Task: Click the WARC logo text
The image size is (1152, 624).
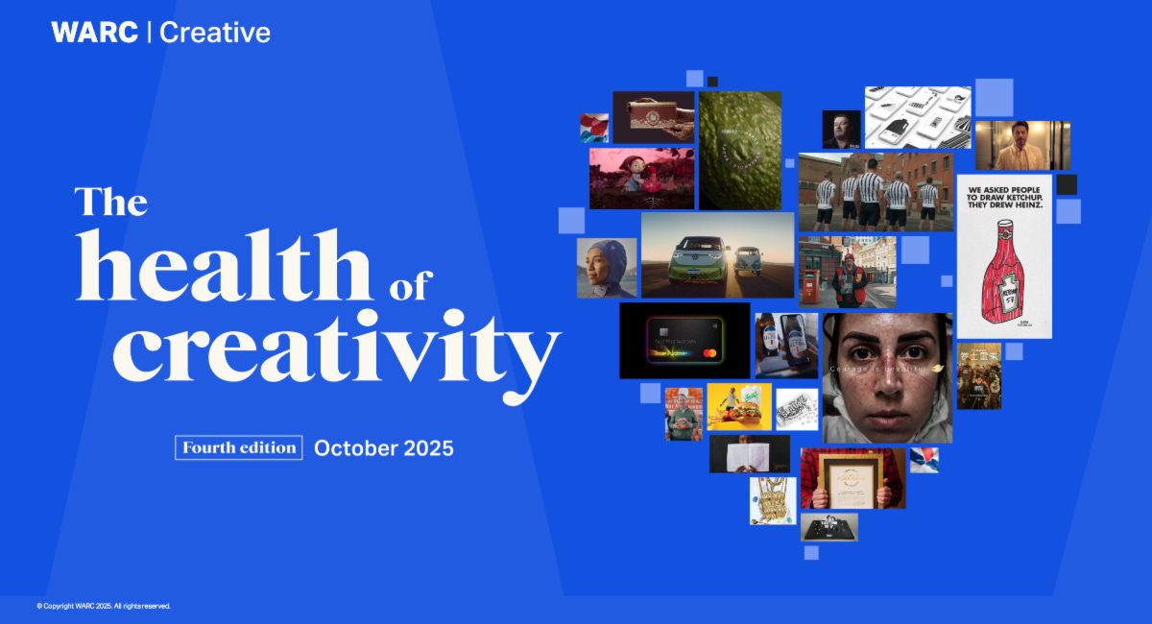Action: (x=94, y=33)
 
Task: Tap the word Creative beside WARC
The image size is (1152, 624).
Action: (x=215, y=33)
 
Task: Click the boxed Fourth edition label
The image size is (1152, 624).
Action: (x=239, y=447)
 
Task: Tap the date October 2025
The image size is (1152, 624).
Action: (x=384, y=447)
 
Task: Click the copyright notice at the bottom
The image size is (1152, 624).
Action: (x=104, y=606)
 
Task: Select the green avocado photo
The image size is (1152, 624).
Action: (x=739, y=151)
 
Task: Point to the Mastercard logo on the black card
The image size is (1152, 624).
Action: (x=709, y=356)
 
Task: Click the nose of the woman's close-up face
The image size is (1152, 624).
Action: (x=885, y=379)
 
